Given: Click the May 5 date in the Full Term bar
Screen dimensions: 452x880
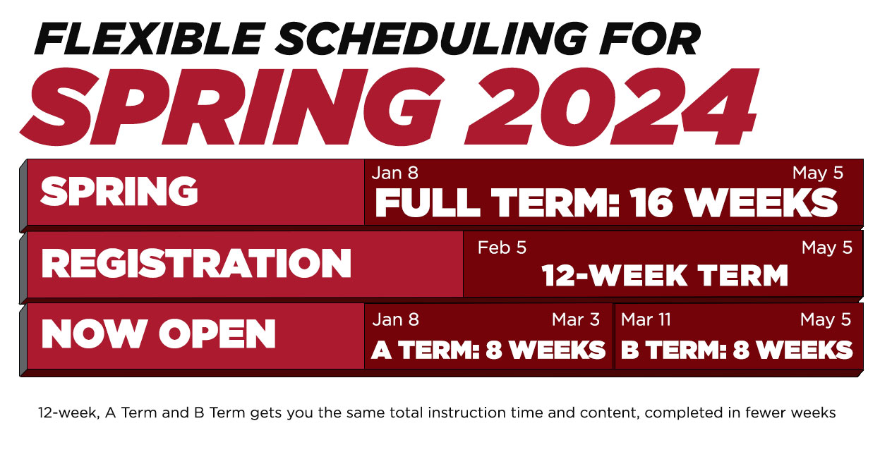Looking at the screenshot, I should coord(817,173).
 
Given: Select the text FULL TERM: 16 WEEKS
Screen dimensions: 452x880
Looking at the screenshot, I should coord(605,203).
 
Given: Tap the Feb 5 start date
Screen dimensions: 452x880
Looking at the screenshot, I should coord(502,248).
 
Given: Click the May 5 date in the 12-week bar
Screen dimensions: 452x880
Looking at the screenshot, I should coord(826,248).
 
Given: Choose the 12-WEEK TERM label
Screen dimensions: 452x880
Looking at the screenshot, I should coord(664,276).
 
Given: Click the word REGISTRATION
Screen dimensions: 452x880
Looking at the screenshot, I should coord(196,264).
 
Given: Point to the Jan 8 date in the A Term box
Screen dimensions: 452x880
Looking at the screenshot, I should coord(395,319).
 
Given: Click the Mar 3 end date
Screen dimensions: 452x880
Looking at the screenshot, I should coord(575,319).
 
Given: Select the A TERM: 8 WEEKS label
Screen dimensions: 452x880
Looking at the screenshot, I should coord(488,350).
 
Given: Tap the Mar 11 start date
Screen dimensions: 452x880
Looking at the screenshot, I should coord(646,319).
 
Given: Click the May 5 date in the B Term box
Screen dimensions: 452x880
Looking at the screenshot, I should coord(826,319).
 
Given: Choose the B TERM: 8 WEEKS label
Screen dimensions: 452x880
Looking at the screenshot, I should coord(737,350).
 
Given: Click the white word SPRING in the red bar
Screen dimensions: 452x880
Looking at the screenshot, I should coord(119,191).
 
